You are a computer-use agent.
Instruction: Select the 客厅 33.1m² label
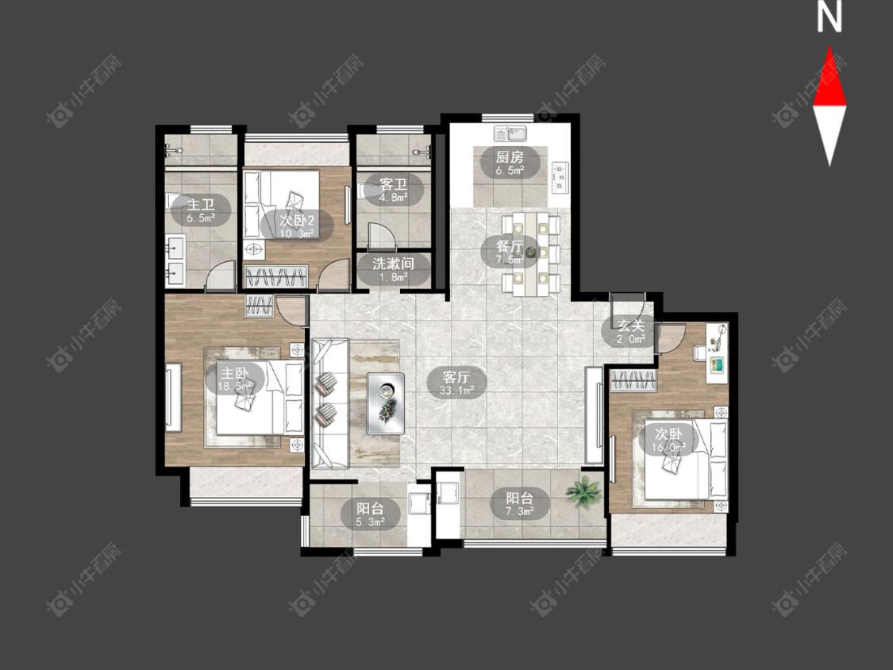[x=456, y=383]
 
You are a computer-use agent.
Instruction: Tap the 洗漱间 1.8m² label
[x=394, y=269]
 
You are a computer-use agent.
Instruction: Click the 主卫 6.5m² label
[x=201, y=210]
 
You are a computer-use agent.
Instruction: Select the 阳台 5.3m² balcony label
[x=370, y=514]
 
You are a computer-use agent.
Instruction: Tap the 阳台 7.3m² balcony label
[x=520, y=503]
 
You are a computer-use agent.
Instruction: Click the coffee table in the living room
[x=386, y=403]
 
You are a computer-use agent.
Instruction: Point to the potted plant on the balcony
[x=583, y=491]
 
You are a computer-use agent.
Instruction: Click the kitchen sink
[x=511, y=133]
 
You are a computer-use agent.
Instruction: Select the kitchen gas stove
[x=560, y=176]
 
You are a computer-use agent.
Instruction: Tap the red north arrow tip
[x=829, y=48]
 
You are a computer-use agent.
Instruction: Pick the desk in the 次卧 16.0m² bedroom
[x=717, y=353]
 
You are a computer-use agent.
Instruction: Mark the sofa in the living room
[x=329, y=403]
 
